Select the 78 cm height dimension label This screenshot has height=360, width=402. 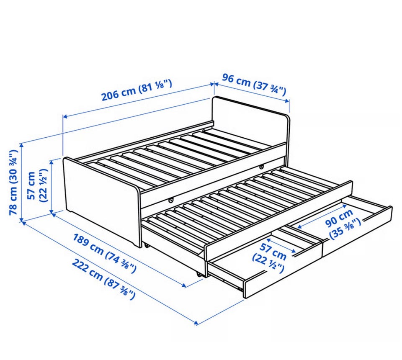click(x=13, y=182)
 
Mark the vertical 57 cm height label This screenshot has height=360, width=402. click(x=37, y=185)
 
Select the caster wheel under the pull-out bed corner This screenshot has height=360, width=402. click(x=198, y=275)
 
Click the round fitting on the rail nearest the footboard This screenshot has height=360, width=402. click(x=171, y=199)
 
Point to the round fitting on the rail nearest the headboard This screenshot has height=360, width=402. click(x=261, y=167)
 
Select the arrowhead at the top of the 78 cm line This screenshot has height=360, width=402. click(x=22, y=146)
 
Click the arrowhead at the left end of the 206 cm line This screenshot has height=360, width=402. click(x=65, y=117)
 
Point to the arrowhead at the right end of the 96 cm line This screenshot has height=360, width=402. click(x=287, y=101)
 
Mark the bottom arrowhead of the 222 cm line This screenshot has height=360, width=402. click(x=196, y=323)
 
